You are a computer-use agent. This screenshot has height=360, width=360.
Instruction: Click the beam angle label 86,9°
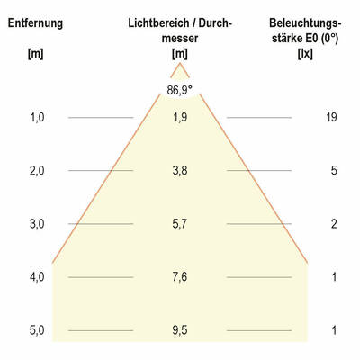coord(180,89)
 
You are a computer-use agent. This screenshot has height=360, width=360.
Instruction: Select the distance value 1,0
coord(36,116)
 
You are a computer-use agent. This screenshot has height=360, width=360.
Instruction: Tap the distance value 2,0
coord(36,170)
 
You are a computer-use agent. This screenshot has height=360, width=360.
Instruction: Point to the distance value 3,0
coord(36,223)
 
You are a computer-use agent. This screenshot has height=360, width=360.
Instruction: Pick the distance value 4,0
coord(36,277)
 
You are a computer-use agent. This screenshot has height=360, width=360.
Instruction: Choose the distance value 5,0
coord(36,330)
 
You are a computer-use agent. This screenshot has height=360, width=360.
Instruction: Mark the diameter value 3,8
coord(180,170)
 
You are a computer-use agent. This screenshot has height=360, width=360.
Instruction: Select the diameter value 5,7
coord(180,223)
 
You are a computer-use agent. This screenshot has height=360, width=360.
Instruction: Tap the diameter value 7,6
coord(180,277)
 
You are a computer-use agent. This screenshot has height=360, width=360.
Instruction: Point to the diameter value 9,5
coord(180,330)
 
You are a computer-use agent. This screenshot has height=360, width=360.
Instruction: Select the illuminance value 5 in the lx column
coord(333,170)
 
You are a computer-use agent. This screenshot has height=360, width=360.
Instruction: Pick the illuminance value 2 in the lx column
coord(333,223)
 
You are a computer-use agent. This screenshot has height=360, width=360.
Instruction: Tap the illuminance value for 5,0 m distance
coord(333,330)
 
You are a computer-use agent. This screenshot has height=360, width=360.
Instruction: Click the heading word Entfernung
coord(36,22)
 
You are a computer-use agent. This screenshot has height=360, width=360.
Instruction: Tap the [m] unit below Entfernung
coord(36,55)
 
